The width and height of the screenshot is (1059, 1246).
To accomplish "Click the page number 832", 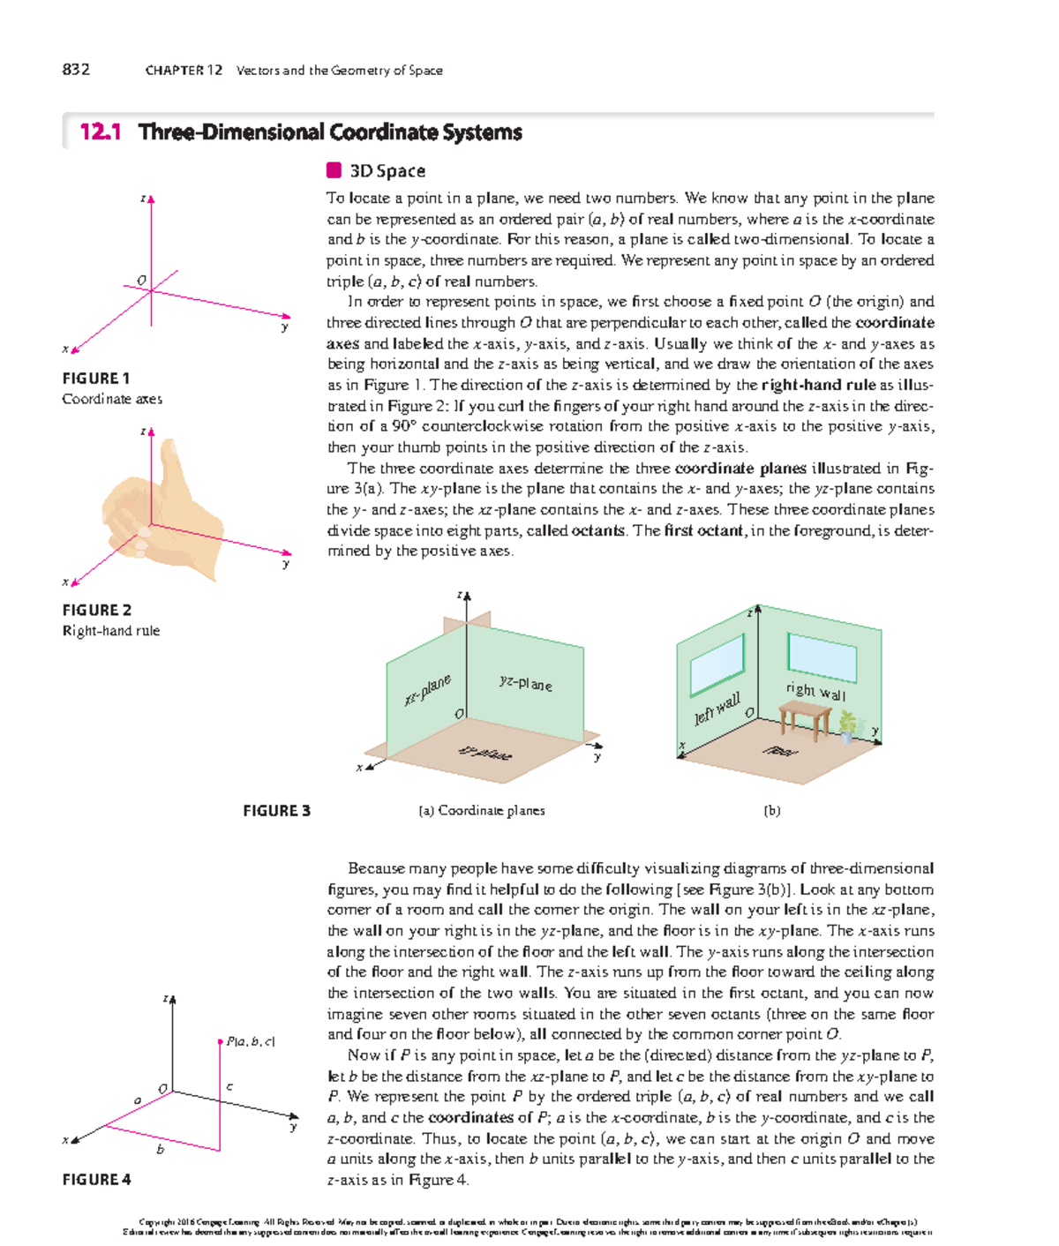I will (76, 70).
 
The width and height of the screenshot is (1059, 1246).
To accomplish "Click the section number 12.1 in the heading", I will (100, 132).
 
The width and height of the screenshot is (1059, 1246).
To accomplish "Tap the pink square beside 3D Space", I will (334, 170).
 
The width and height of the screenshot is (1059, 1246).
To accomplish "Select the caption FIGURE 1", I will (96, 379).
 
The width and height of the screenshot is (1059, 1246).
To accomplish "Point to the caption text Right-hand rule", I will (111, 631).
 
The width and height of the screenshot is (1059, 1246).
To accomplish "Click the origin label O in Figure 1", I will (141, 281).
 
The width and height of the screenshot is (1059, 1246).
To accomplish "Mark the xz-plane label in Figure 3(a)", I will (428, 689).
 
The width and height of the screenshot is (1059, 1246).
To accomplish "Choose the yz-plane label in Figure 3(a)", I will (525, 683).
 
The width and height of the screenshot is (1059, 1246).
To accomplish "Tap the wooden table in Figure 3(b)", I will (805, 717).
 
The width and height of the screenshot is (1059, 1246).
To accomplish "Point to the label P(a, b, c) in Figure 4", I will (251, 1041).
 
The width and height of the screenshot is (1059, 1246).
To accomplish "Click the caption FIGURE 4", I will (96, 1180).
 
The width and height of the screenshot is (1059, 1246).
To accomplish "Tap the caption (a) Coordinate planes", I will (482, 811).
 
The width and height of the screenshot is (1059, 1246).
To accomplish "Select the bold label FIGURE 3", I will (276, 811).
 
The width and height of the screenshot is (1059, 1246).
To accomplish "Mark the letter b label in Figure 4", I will (161, 1150).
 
